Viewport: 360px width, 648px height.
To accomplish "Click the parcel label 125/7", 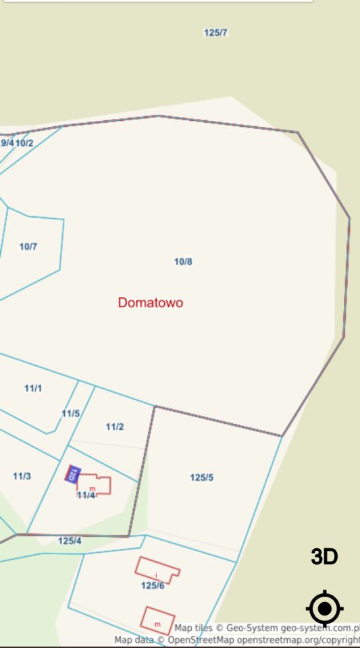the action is pos(215,32).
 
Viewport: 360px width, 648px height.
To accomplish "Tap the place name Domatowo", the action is pos(150,302).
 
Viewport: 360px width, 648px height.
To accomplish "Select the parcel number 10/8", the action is pos(183,261).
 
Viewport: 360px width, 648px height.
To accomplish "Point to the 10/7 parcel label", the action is pos(28,246).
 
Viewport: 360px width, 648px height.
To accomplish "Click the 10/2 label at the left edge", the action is pos(24,143).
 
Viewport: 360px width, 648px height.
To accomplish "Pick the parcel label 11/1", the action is pos(33,388).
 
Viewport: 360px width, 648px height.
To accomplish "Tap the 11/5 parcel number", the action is pos(71,414).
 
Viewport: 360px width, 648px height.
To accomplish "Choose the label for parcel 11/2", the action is pos(115,427).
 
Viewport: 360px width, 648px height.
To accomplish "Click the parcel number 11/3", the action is pos(22,476).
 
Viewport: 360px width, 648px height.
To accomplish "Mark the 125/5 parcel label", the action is pos(201,477).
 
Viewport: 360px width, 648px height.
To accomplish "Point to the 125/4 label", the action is pos(70,541).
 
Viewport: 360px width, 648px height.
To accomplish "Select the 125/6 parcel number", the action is pos(153,585).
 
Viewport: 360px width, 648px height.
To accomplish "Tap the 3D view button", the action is pos(324,557).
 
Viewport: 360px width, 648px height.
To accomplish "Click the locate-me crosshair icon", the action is pos(325,609).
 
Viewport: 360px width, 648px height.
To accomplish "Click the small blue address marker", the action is pos(72,474).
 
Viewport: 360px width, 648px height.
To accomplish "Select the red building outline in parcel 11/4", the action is pos(95,484).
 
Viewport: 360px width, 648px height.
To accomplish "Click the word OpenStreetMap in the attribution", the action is pos(201,640).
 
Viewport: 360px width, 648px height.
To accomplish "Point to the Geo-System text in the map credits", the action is pos(254,628).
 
